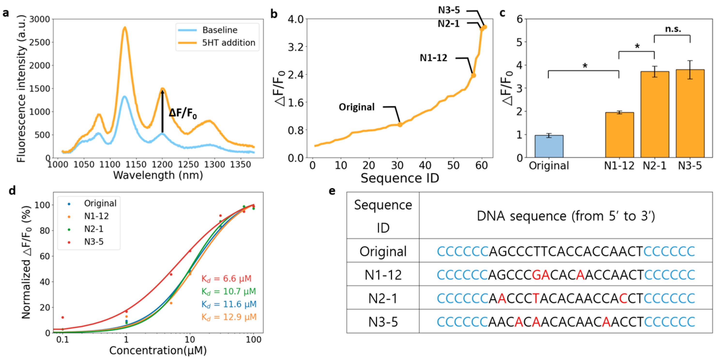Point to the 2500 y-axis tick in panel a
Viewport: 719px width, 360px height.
(x=39, y=42)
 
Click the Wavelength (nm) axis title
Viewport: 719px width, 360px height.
(x=158, y=175)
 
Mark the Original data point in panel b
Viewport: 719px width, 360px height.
(x=400, y=125)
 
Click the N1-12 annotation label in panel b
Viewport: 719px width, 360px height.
(x=434, y=58)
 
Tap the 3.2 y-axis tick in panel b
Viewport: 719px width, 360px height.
(x=296, y=47)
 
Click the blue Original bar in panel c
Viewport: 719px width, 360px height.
(x=549, y=146)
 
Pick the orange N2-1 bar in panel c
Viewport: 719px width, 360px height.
(x=655, y=115)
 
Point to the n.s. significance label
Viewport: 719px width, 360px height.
(x=673, y=29)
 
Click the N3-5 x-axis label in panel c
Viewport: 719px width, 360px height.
(x=690, y=166)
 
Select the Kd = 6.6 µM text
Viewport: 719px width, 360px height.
(x=226, y=278)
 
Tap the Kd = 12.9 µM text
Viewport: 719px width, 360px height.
(x=229, y=317)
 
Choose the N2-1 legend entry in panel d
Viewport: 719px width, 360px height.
(x=93, y=229)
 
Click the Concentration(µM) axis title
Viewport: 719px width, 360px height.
(x=158, y=350)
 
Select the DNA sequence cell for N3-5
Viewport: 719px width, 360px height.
(x=566, y=322)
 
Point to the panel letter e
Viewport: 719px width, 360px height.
(x=332, y=191)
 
